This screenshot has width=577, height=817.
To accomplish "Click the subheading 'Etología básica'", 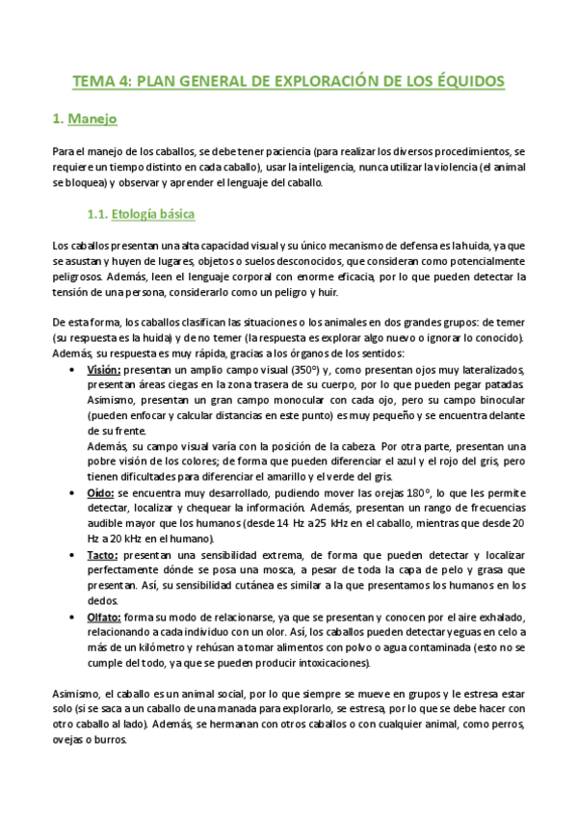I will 154,213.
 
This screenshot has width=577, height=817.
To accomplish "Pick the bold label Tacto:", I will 103,556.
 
